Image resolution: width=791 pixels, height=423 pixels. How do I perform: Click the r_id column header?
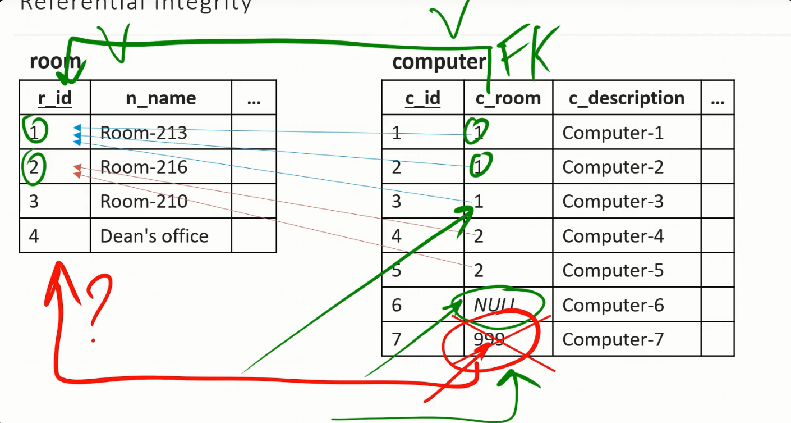point(54,98)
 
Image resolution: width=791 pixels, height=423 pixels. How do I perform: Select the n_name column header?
point(160,98)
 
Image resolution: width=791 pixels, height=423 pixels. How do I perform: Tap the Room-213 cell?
point(144,133)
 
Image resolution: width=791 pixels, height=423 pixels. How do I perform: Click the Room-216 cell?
point(144,167)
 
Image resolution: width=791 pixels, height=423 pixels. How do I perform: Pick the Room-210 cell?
point(144,202)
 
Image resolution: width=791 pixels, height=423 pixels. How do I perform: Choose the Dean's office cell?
point(154,236)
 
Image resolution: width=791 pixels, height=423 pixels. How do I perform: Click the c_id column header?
point(422,98)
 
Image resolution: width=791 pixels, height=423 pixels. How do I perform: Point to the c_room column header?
point(508,98)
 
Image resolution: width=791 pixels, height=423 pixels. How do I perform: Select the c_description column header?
point(626,98)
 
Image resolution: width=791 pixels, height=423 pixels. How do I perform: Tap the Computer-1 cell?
point(613,133)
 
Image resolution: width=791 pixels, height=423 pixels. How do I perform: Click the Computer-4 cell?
point(613,236)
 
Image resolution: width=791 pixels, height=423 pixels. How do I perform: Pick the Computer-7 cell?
point(613,339)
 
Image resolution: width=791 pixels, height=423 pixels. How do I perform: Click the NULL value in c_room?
point(495,305)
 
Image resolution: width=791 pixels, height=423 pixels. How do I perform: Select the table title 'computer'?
point(439,62)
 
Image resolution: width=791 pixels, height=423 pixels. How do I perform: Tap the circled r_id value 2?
point(34,167)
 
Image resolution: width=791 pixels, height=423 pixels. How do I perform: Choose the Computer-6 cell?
point(613,305)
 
